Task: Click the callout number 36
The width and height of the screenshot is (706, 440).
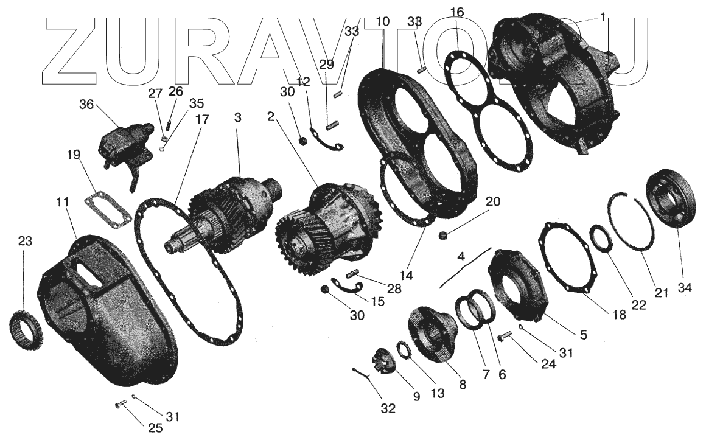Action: [86, 104]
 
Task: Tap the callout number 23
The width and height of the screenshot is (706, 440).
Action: [24, 240]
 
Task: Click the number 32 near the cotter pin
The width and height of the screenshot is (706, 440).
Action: [387, 408]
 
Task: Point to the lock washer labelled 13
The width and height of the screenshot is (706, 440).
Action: [402, 351]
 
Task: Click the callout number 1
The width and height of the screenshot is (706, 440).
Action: [602, 18]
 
